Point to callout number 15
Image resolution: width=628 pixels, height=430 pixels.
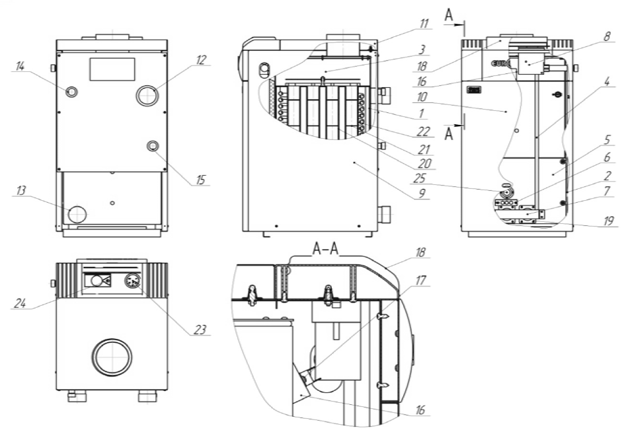pyautogui.click(x=200, y=179)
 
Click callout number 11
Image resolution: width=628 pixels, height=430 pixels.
pyautogui.click(x=422, y=24)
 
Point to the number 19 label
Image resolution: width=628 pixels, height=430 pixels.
pyautogui.click(x=608, y=223)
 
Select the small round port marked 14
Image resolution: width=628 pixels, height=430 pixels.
pyautogui.click(x=71, y=91)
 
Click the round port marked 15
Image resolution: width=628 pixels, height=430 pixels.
pyautogui.click(x=153, y=146)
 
